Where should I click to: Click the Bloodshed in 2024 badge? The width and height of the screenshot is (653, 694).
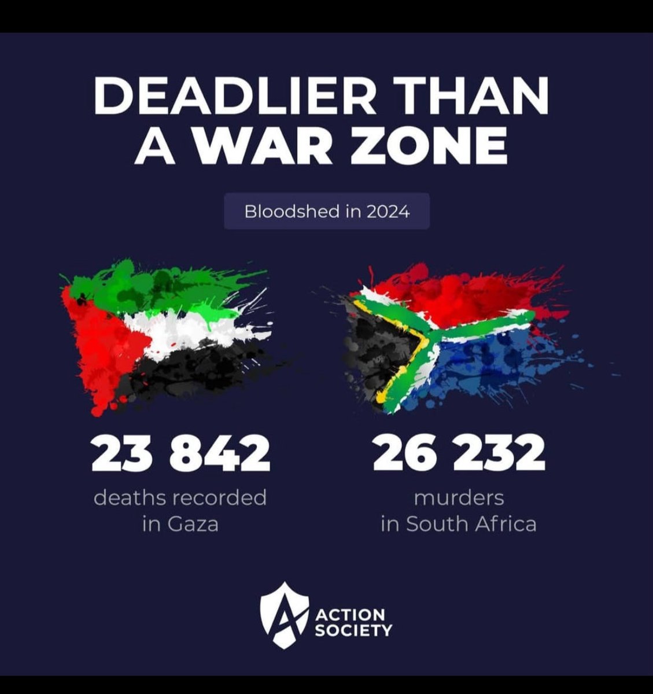coord(327,212)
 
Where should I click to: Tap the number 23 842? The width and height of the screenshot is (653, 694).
coord(180,455)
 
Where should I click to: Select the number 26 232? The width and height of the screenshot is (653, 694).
coord(459,455)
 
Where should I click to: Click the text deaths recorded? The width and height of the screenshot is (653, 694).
coord(180,497)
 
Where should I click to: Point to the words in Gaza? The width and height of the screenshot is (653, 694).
coord(180,525)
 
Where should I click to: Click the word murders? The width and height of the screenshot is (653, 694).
coord(459,497)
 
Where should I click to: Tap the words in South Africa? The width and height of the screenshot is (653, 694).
coord(459,525)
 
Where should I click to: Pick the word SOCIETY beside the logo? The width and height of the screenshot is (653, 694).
coord(354,629)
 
